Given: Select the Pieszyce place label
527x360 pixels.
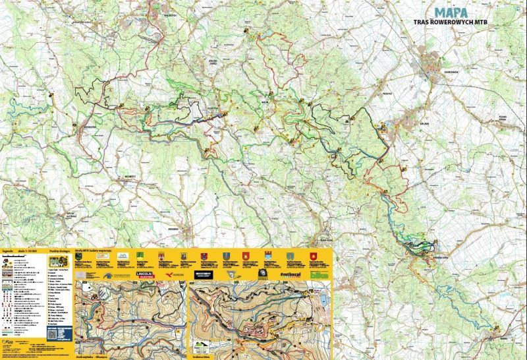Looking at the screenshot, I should tap(387, 93).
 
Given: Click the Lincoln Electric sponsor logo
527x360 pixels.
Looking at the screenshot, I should tap(145, 273).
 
